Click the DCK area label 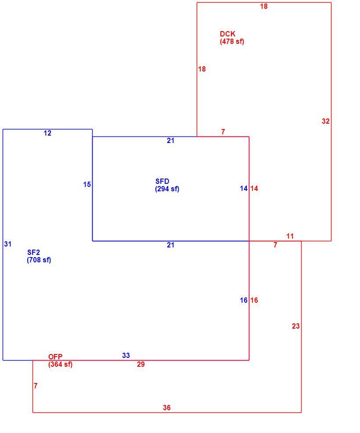(228, 34)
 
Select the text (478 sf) (232, 41)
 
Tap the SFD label (162, 182)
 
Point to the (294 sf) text (167, 189)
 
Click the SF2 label (33, 252)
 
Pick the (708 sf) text (39, 260)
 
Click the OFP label (55, 357)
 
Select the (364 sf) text (60, 364)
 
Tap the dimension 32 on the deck (326, 121)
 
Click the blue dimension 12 (47, 133)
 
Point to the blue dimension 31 (8, 244)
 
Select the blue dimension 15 (87, 184)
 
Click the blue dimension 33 (126, 355)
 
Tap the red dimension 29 (141, 364)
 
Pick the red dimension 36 (166, 408)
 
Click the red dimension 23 (296, 326)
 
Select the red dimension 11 (290, 236)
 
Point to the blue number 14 (244, 188)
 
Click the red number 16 (254, 300)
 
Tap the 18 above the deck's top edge (264, 6)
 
